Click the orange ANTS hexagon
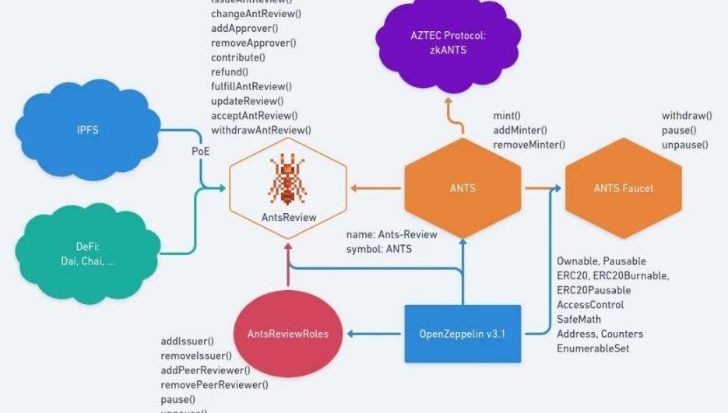462,188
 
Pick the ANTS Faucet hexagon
623,188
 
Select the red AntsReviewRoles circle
287,334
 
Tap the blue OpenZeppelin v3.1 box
462,334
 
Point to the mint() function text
507,116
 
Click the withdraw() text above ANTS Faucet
686,116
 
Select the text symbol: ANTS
379,249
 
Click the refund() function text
229,72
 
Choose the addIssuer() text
187,341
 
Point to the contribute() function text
237,57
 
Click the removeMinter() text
529,145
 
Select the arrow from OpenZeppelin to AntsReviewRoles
375,334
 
